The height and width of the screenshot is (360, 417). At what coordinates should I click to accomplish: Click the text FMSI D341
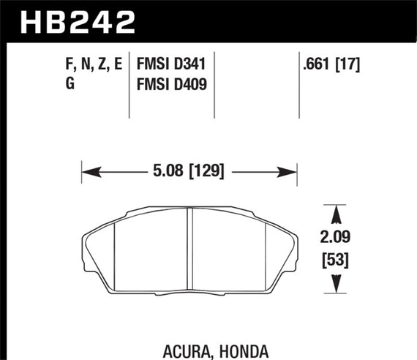170,64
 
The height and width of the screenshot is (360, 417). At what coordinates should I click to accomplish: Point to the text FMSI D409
170,85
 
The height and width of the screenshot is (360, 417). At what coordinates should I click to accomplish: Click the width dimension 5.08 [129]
189,173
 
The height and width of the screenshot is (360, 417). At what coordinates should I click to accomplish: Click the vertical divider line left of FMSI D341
129,84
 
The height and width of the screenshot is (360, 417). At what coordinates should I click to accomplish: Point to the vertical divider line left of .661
301,84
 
